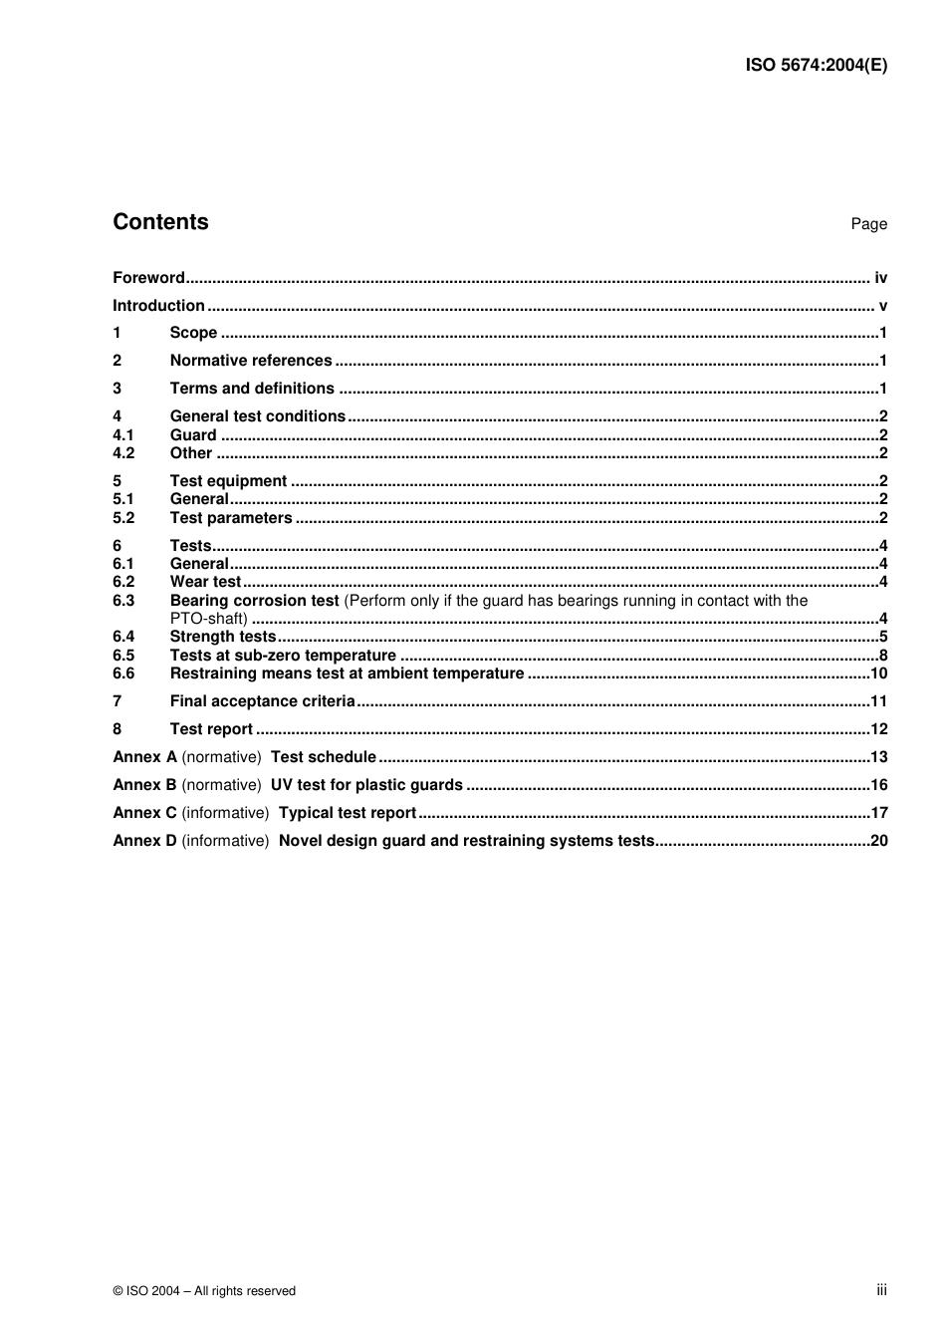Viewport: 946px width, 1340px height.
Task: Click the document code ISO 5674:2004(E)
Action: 816,66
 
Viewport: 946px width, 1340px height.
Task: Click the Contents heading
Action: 160,222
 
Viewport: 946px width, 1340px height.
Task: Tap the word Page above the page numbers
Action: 868,224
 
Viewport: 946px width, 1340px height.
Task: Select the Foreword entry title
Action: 148,278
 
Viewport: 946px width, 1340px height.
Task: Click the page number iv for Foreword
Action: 880,278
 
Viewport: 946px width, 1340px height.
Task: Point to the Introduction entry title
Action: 158,306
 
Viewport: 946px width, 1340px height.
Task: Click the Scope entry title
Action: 193,333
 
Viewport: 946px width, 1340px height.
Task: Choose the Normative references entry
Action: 251,361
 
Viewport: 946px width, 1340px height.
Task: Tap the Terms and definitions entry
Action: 252,389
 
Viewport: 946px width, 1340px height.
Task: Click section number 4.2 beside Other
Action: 123,453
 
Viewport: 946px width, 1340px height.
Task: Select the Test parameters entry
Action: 231,518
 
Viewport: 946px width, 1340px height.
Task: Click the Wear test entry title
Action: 205,582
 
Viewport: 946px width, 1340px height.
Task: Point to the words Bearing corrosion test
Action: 254,601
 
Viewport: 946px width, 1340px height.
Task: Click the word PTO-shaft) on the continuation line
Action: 208,619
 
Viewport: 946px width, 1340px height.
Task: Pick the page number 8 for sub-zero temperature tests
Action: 883,656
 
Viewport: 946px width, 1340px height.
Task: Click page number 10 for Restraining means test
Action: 878,673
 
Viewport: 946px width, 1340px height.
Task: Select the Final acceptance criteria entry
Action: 262,701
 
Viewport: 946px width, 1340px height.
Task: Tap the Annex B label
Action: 144,785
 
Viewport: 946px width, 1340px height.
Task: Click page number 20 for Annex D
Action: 878,841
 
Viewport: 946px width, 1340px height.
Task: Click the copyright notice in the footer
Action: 204,1291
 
